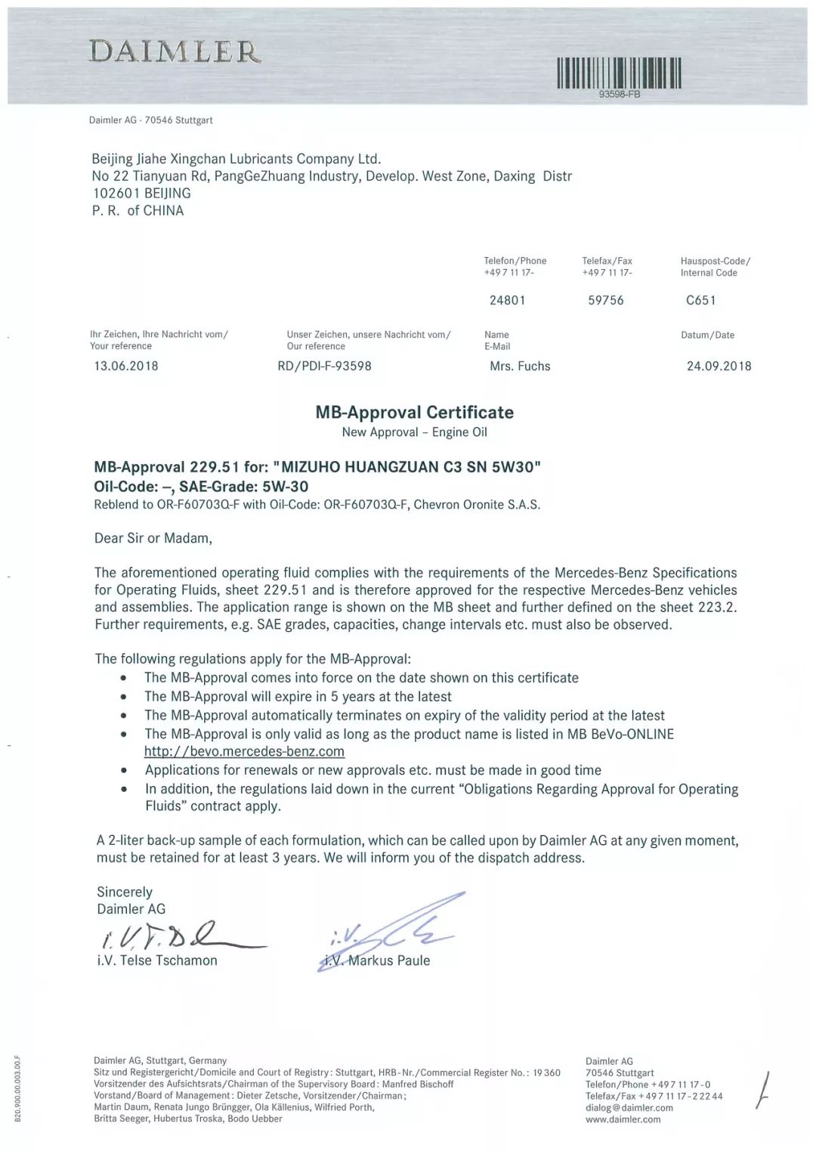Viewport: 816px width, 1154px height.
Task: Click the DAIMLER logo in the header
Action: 175,51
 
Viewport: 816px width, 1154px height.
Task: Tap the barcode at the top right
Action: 619,73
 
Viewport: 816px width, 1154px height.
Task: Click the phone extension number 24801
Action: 507,300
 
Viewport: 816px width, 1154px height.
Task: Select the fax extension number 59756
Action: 606,300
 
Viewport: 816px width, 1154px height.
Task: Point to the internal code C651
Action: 700,300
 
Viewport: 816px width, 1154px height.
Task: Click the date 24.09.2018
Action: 719,366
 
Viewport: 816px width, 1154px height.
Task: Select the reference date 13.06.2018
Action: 126,366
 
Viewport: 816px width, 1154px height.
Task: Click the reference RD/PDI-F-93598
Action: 325,366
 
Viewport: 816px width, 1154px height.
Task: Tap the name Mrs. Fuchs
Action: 520,366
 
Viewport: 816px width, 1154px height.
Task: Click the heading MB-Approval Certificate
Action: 414,412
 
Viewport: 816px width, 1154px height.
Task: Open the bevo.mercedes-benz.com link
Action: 244,751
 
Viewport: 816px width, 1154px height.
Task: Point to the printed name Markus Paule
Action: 388,961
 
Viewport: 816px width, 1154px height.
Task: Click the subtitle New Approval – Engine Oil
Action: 414,432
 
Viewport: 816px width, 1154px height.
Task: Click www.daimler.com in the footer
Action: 623,1119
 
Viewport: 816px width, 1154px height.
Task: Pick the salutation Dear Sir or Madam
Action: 153,538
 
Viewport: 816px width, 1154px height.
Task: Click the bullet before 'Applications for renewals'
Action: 124,771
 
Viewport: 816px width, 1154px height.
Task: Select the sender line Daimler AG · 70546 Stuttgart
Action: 150,120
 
